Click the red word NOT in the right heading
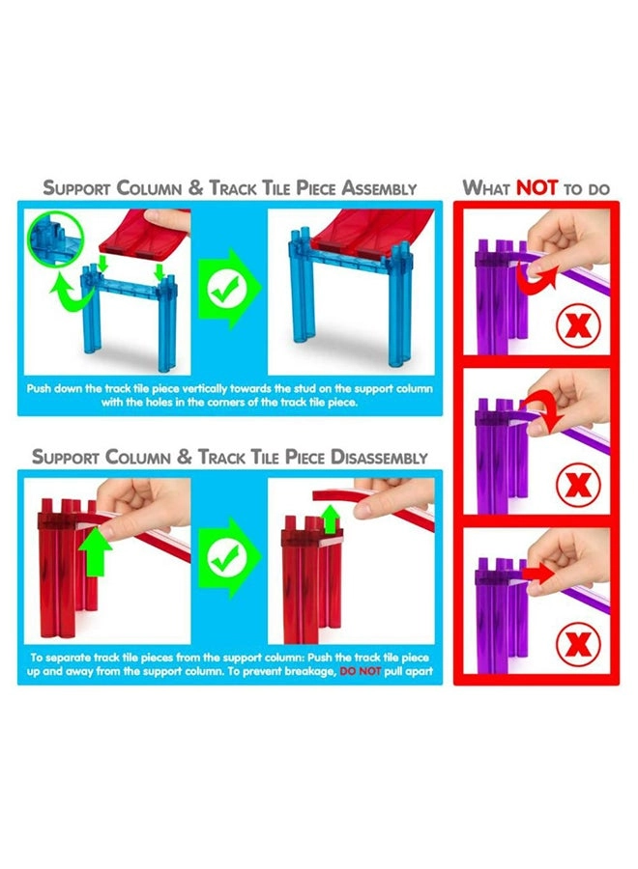click(x=536, y=188)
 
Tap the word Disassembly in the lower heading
click(x=379, y=458)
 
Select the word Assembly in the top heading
click(x=378, y=188)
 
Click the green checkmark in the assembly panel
click(x=227, y=288)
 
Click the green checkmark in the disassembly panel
click(x=227, y=557)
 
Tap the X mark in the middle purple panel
click(x=578, y=485)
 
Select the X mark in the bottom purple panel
click(x=578, y=644)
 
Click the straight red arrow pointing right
click(x=538, y=574)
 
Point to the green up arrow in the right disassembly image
click(x=331, y=519)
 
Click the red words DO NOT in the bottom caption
click(x=360, y=671)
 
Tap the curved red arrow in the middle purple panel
click(x=547, y=410)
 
